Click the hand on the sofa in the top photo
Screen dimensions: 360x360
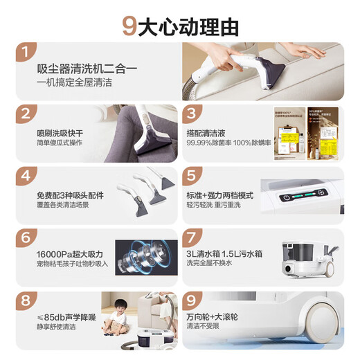305,51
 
